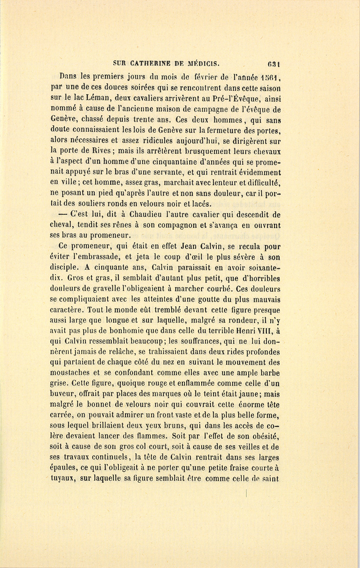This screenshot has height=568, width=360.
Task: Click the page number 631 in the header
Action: [x=274, y=63]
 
